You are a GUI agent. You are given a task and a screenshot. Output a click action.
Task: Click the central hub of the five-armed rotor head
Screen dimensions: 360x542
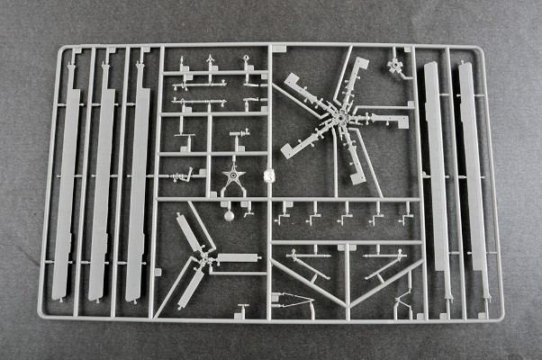click(342, 117)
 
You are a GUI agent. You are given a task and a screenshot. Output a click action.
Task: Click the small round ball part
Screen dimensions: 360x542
click(229, 215)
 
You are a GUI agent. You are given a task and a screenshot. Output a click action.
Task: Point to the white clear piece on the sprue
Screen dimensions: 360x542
click(266, 176)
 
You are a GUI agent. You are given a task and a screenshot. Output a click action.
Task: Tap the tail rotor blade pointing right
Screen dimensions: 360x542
click(236, 259)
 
